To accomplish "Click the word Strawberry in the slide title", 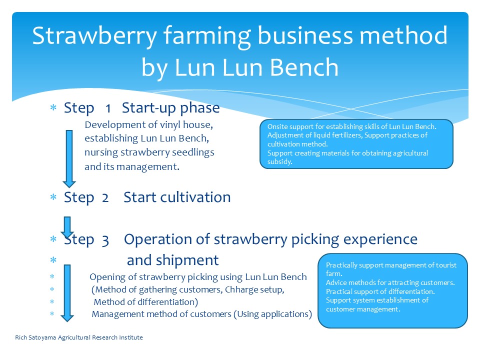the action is pyautogui.click(x=94, y=36).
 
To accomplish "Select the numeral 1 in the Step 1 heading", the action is pyautogui.click(x=108, y=108).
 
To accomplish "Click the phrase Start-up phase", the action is pyautogui.click(x=171, y=108).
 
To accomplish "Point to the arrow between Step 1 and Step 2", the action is pyautogui.click(x=69, y=158).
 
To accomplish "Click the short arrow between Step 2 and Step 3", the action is pyautogui.click(x=67, y=227).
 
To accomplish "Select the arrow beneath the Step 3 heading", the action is pyautogui.click(x=67, y=293).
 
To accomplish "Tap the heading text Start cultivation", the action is pyautogui.click(x=177, y=197).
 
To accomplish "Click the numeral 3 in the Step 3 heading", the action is pyautogui.click(x=105, y=241).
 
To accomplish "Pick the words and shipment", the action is pyautogui.click(x=172, y=260).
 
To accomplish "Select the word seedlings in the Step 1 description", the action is pyautogui.click(x=193, y=153).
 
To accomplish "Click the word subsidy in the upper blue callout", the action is pyautogui.click(x=279, y=162).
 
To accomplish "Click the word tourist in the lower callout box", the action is pyautogui.click(x=446, y=265).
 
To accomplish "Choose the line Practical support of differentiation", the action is pyautogui.click(x=380, y=291).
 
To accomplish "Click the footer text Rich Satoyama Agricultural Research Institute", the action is pyautogui.click(x=79, y=337).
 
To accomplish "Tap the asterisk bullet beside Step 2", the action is pyautogui.click(x=53, y=197).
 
